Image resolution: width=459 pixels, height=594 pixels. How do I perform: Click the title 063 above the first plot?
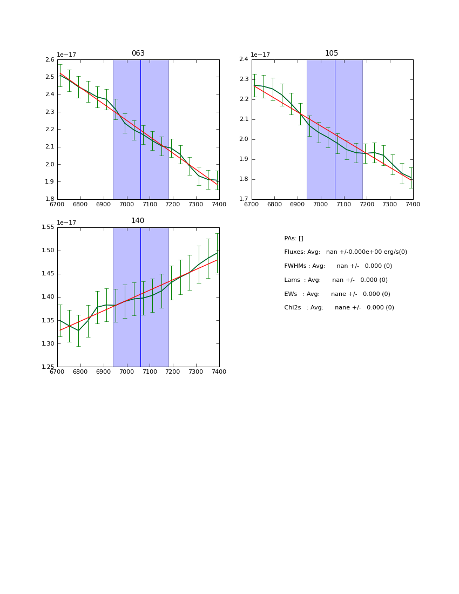[138, 53]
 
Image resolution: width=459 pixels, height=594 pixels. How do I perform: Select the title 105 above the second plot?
[332, 53]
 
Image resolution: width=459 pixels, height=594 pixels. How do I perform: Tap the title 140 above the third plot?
[138, 221]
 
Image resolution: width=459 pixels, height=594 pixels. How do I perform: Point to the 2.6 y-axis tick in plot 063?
[49, 59]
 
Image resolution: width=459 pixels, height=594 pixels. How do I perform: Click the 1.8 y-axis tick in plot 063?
[49, 199]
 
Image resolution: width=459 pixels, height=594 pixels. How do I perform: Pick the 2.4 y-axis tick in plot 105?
[243, 59]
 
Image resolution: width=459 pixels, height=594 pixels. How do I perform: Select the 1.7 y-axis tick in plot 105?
[243, 199]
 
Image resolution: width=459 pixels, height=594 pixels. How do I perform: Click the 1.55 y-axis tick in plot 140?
[48, 227]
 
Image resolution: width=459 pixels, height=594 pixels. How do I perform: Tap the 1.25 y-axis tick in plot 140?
[48, 367]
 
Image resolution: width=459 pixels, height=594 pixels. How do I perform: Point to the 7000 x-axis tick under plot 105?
[321, 204]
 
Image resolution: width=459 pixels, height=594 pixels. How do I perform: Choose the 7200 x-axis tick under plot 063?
[173, 204]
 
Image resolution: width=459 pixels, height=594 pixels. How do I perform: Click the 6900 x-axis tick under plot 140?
[104, 372]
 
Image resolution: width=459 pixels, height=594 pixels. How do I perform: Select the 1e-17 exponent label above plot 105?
[261, 55]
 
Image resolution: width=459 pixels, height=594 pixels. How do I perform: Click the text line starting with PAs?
[294, 238]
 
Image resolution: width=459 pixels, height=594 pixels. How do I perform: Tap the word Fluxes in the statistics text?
[294, 252]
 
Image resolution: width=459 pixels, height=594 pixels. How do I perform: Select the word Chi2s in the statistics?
[293, 308]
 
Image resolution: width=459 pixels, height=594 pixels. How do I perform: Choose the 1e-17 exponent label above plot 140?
[67, 222]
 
